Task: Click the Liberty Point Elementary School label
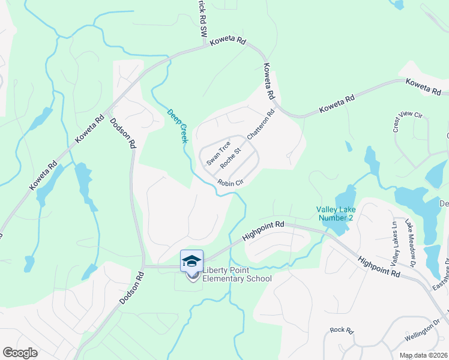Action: tap(237, 274)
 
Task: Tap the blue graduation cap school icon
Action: tap(191, 261)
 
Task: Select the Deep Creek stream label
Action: tap(178, 125)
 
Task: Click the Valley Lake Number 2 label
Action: tap(336, 213)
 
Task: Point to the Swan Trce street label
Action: tap(218, 153)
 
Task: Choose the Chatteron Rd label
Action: tap(261, 124)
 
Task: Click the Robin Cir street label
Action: tap(230, 183)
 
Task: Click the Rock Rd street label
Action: tap(342, 330)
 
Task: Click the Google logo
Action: tap(20, 353)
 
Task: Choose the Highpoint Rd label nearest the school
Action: tap(264, 230)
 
